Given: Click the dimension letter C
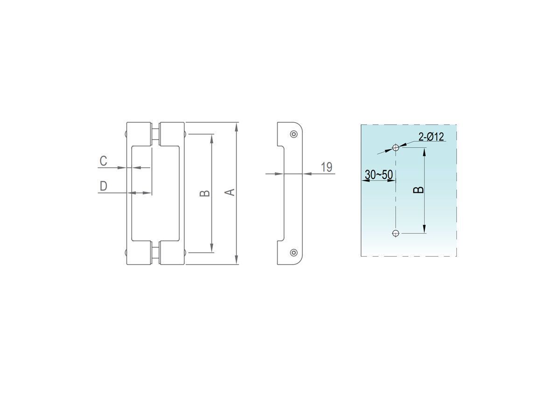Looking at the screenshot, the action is pos(103,161).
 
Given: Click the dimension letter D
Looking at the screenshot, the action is pos(103,186).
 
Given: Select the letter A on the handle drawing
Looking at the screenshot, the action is pos(231,192).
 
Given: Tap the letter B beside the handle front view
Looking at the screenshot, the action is pos(204,194).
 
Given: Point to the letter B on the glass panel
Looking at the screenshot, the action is pos(419,190).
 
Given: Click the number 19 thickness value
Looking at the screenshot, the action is pos(327,167).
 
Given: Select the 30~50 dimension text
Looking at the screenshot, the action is pos(378,175).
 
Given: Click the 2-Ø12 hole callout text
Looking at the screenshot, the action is pos(431,137).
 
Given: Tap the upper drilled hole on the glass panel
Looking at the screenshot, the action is pos(396,147).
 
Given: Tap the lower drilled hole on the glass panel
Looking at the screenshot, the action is pos(396,233).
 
